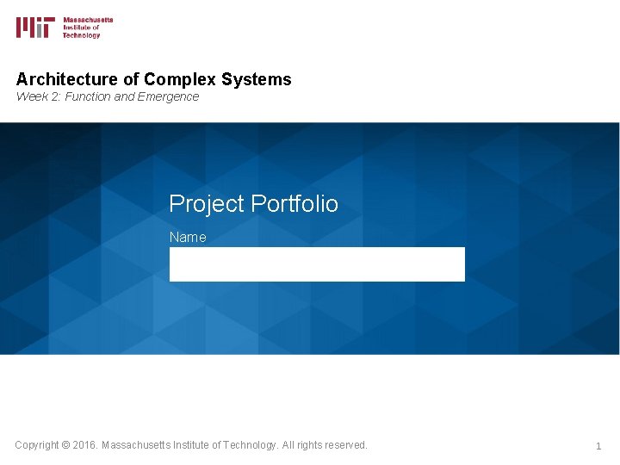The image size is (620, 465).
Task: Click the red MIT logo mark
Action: pos(35,28)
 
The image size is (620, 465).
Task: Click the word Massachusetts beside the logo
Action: pos(88,20)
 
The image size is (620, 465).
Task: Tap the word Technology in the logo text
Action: pos(82,35)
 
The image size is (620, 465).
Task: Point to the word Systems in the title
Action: pos(256,80)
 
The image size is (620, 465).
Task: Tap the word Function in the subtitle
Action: pos(86,96)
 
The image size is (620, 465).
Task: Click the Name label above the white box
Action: pos(188,237)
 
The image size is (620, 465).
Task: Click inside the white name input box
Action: pos(317,264)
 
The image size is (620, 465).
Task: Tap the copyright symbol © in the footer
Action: pos(66,445)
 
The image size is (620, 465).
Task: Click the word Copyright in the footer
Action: pos(37,445)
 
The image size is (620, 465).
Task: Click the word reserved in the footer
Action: pos(344,445)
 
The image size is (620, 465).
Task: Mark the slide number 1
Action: pos(598,446)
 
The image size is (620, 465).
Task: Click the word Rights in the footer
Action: pos(309,445)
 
